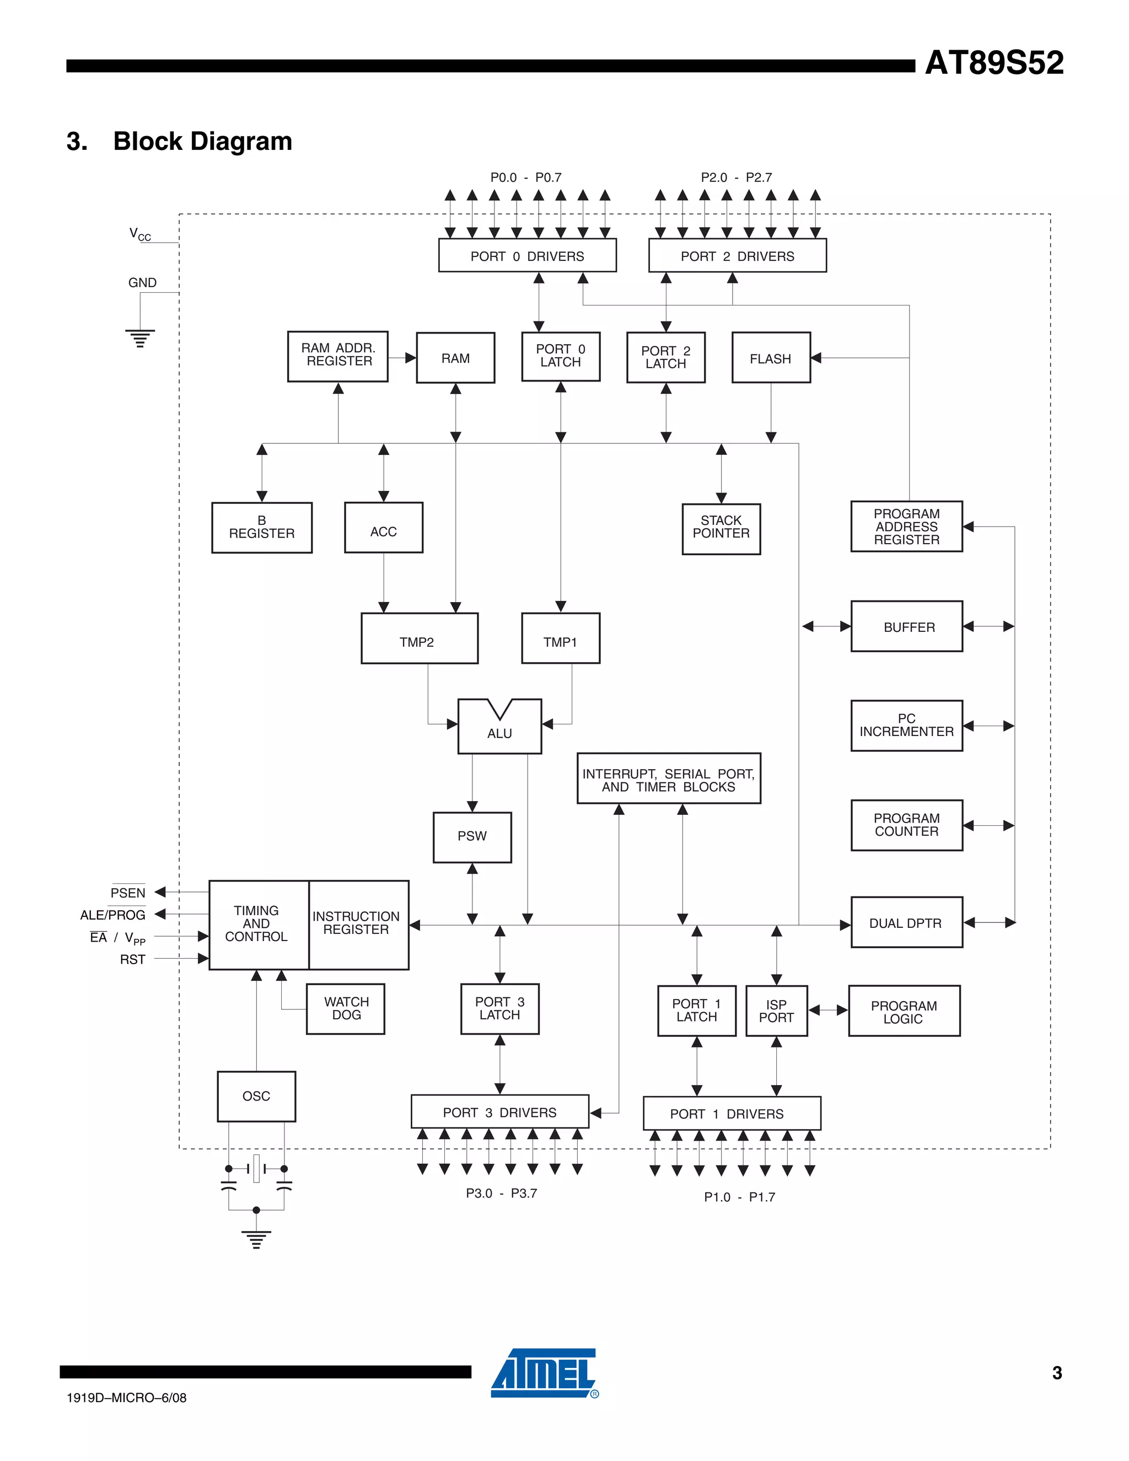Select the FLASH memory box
click(x=771, y=358)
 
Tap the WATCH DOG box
click(x=346, y=1008)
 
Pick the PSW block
click(x=472, y=836)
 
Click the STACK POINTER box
click(x=721, y=528)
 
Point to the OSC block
click(x=256, y=1096)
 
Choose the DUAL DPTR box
click(x=906, y=922)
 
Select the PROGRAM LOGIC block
click(x=904, y=1012)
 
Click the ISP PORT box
click(x=776, y=1011)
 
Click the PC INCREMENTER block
click(x=906, y=725)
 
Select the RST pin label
click(x=132, y=959)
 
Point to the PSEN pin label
click(x=128, y=893)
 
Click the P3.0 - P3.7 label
click(x=501, y=1193)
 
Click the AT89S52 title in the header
click(x=993, y=63)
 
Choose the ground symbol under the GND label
click(x=140, y=339)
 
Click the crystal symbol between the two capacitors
click(x=256, y=1168)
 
